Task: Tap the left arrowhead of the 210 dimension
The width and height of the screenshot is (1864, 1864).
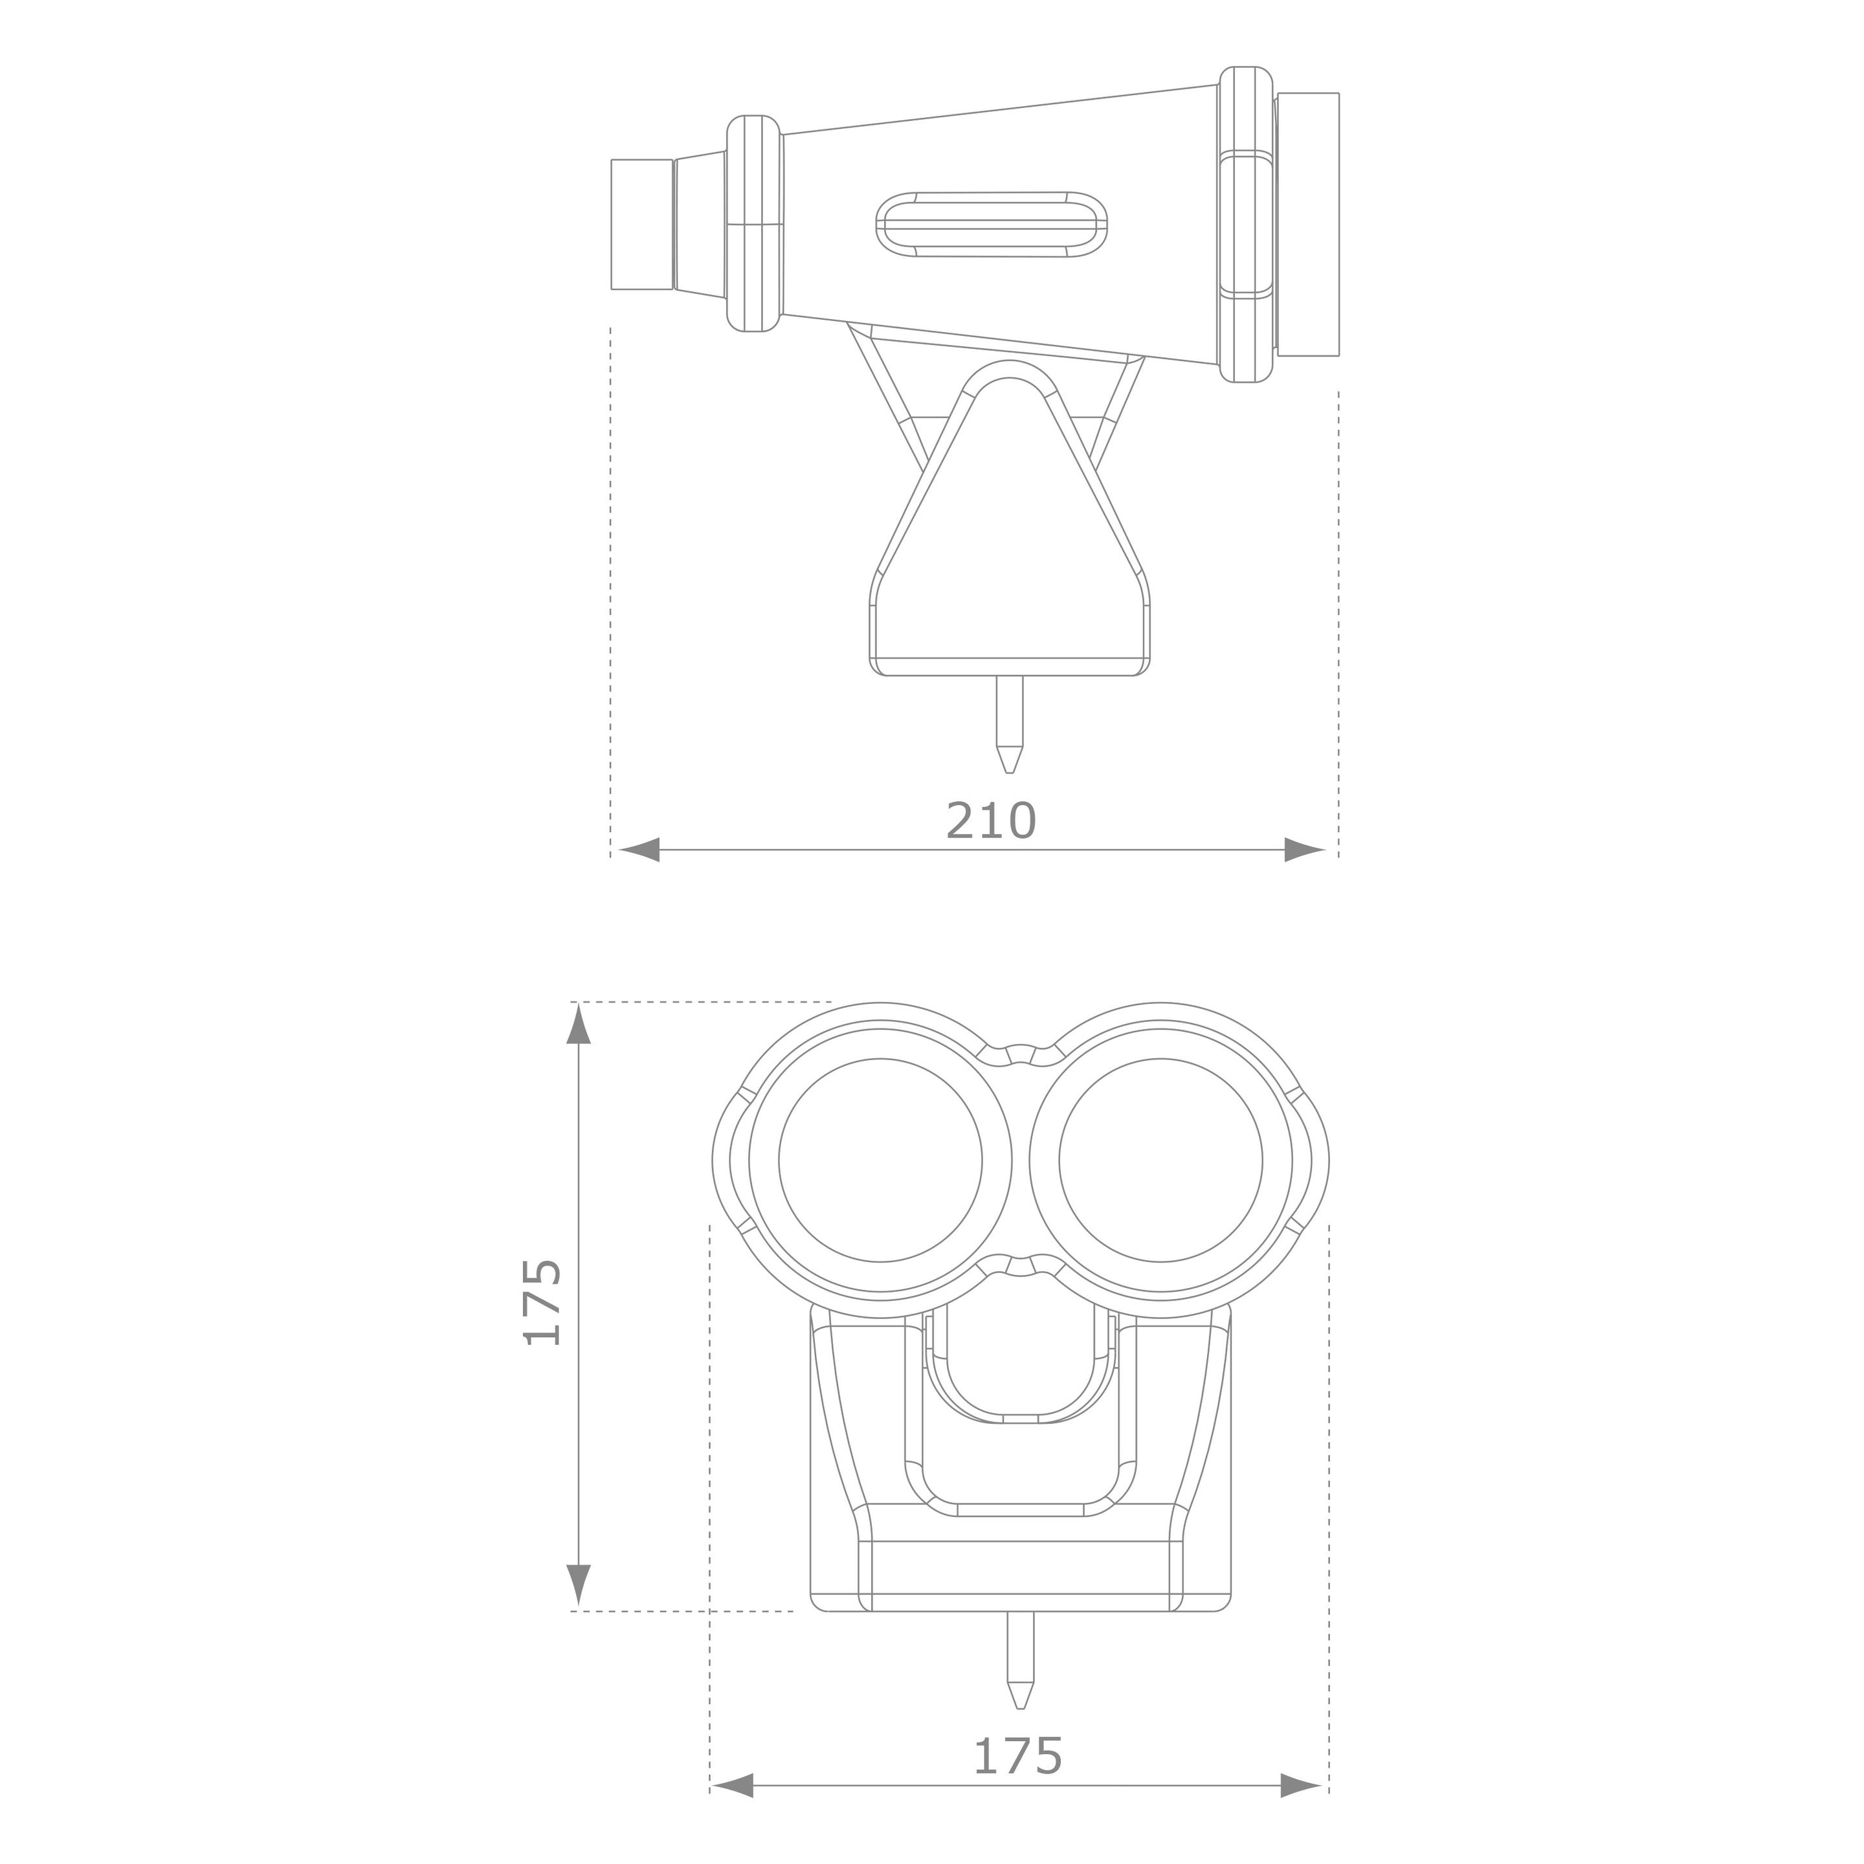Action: pyautogui.click(x=639, y=850)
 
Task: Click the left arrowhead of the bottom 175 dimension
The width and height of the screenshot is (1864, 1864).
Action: pyautogui.click(x=732, y=1786)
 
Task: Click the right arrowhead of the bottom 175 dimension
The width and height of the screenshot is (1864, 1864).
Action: pyautogui.click(x=1300, y=1786)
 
